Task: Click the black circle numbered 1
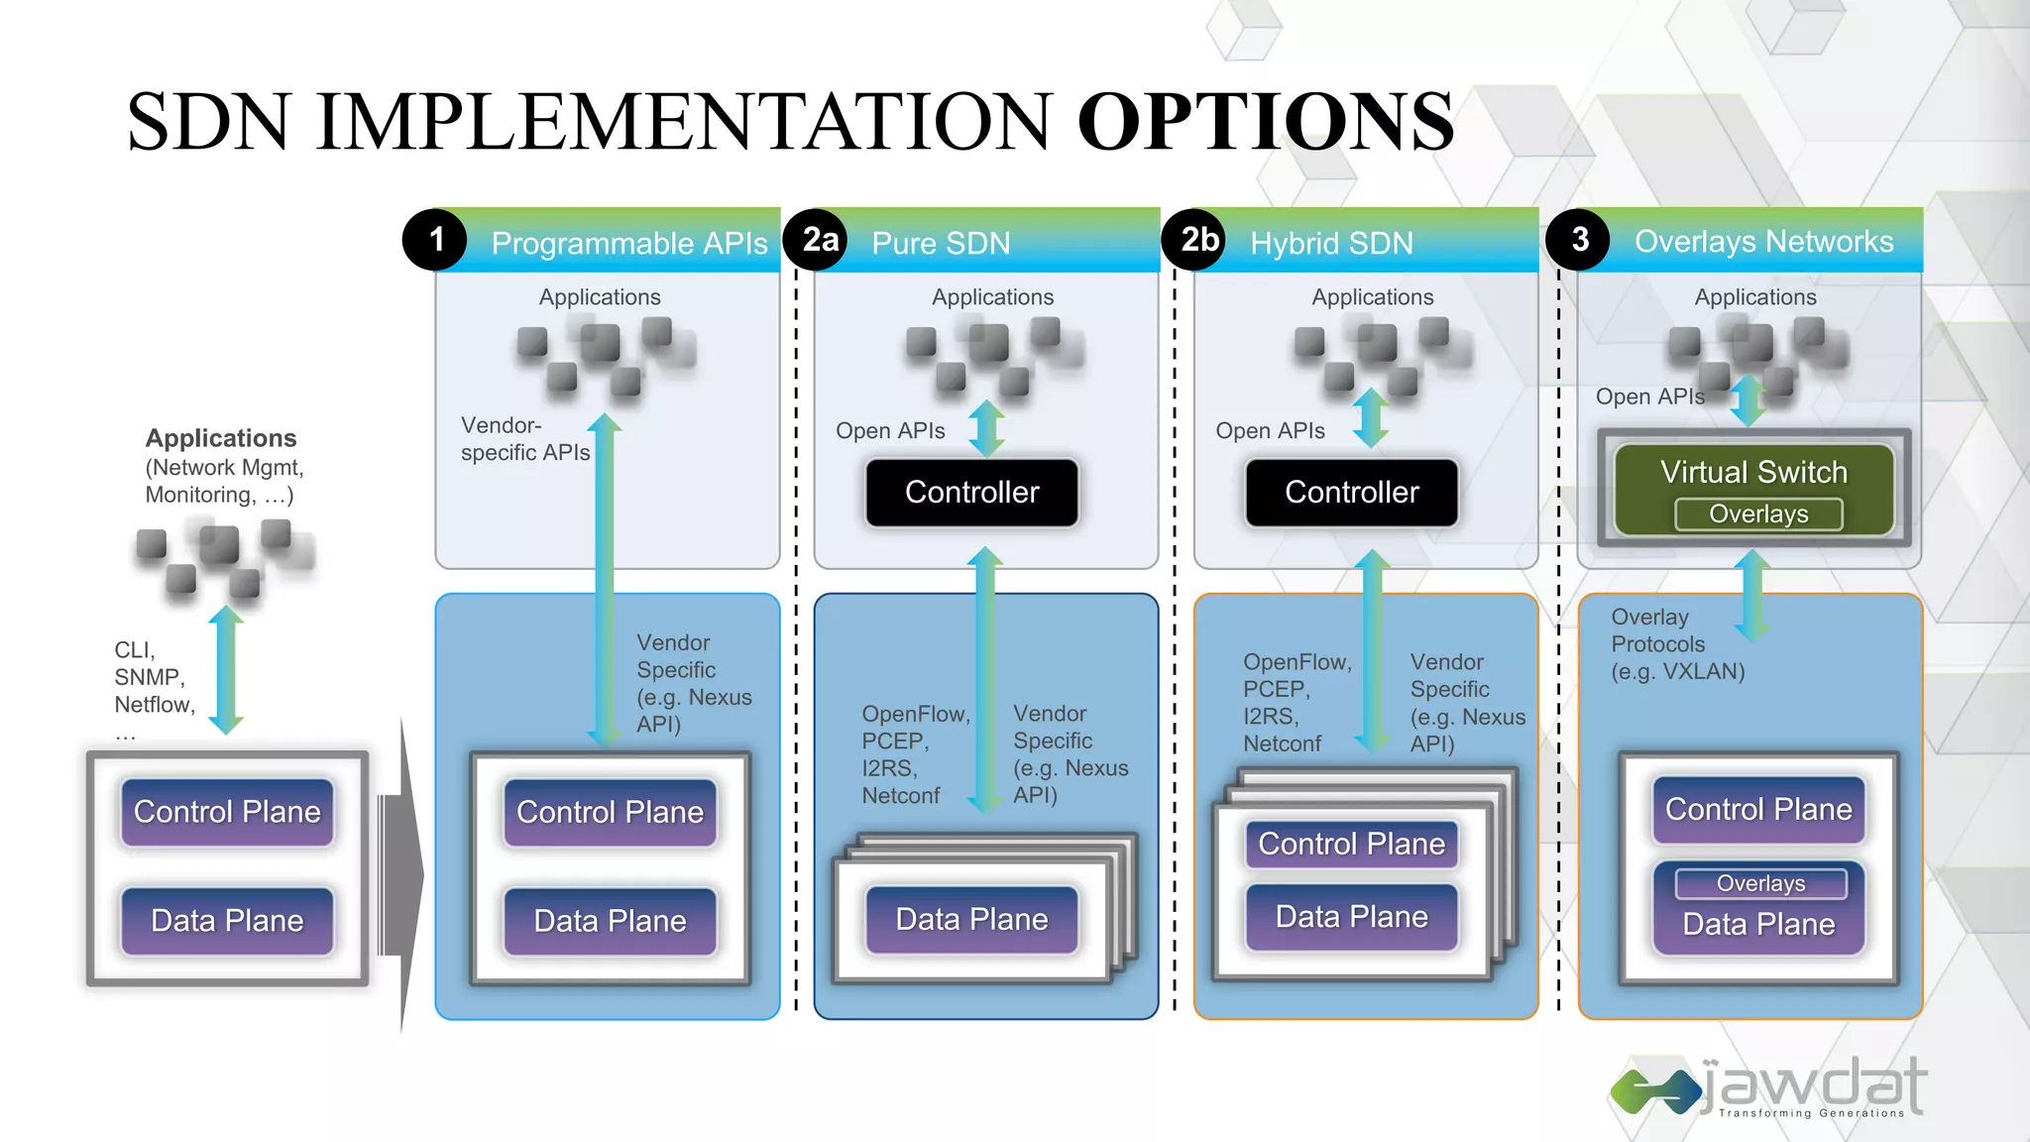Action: [434, 239]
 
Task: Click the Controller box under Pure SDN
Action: [971, 492]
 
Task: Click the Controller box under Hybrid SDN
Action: [1351, 492]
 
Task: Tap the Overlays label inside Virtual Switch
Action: [1758, 514]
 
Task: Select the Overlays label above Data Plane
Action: [1760, 883]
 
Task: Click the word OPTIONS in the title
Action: [1266, 121]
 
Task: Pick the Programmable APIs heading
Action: [629, 243]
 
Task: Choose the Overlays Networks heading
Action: [1763, 241]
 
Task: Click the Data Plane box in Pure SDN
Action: [971, 919]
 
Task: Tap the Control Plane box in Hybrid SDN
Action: [1351, 844]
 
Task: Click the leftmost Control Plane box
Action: [227, 812]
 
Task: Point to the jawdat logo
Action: [1769, 1087]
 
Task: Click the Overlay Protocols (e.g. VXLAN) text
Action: [1677, 644]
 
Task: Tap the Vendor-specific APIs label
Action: [524, 438]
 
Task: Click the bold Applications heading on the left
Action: [221, 438]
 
